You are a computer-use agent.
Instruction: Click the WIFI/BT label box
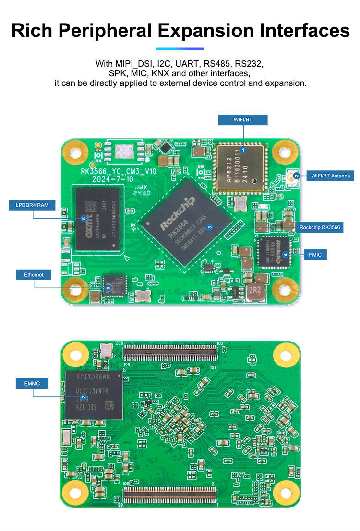click(243, 120)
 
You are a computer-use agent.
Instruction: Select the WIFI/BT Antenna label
click(330, 176)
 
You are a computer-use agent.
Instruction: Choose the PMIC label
click(315, 254)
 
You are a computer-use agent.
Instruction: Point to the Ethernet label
click(34, 275)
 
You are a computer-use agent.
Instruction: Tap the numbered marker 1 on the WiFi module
click(243, 150)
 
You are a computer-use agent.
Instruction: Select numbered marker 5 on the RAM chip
click(84, 219)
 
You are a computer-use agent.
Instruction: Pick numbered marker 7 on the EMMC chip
click(84, 397)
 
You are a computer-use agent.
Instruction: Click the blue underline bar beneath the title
click(180, 48)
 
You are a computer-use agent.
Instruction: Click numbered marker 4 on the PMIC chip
click(286, 254)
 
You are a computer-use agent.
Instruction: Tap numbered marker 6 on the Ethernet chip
click(108, 288)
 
